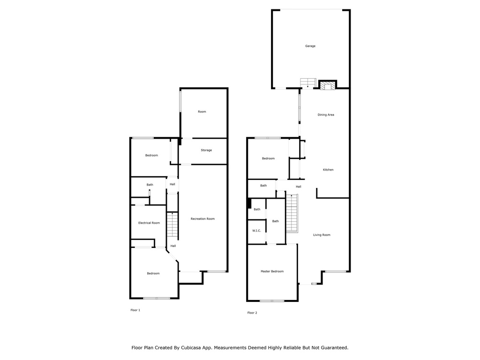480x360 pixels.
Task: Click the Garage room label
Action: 310,46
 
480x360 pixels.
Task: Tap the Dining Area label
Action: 326,115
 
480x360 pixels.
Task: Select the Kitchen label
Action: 328,170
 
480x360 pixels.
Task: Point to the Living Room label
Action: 322,235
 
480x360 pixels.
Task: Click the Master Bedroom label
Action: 272,271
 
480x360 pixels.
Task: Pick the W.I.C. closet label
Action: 256,231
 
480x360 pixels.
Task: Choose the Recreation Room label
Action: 202,218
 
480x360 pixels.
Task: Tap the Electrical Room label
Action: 149,223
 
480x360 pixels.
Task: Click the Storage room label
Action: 206,150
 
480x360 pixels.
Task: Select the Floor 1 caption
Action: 135,310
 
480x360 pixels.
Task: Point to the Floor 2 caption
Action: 252,313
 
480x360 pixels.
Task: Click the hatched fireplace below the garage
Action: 328,85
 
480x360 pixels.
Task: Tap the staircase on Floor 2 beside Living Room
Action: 292,213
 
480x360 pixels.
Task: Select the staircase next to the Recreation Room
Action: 172,225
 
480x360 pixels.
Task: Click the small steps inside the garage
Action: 308,83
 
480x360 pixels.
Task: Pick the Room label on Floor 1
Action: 202,112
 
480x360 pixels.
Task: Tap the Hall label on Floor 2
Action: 299,187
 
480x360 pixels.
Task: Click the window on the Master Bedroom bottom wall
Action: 272,301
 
